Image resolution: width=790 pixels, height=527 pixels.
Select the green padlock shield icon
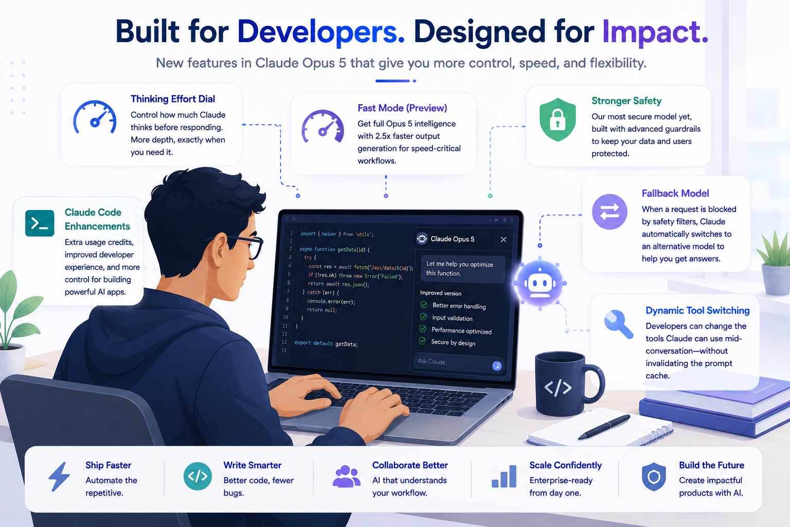(x=558, y=120)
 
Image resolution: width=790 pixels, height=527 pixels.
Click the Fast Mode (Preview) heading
(x=402, y=108)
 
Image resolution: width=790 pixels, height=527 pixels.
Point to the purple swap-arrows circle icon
(x=609, y=212)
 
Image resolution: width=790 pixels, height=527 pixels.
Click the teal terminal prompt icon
(x=40, y=223)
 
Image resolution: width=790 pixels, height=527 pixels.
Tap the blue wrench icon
(x=618, y=324)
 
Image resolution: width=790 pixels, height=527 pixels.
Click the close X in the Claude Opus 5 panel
(x=504, y=239)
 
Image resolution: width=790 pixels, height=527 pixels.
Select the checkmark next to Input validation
(x=423, y=317)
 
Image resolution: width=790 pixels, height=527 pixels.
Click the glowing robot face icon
(x=540, y=283)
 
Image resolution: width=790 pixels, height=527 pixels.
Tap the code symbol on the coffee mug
(x=558, y=388)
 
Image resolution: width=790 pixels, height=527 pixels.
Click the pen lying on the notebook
(x=603, y=427)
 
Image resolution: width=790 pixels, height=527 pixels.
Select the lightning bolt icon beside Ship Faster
(x=59, y=476)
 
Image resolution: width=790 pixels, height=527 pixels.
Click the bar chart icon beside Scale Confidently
(x=504, y=477)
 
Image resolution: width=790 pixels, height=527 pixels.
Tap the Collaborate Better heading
(x=410, y=465)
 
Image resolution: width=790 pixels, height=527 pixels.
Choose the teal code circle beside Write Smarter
(x=197, y=476)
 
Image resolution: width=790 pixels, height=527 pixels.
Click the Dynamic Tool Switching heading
(x=697, y=310)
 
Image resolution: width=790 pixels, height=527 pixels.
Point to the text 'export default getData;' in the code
(x=326, y=343)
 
